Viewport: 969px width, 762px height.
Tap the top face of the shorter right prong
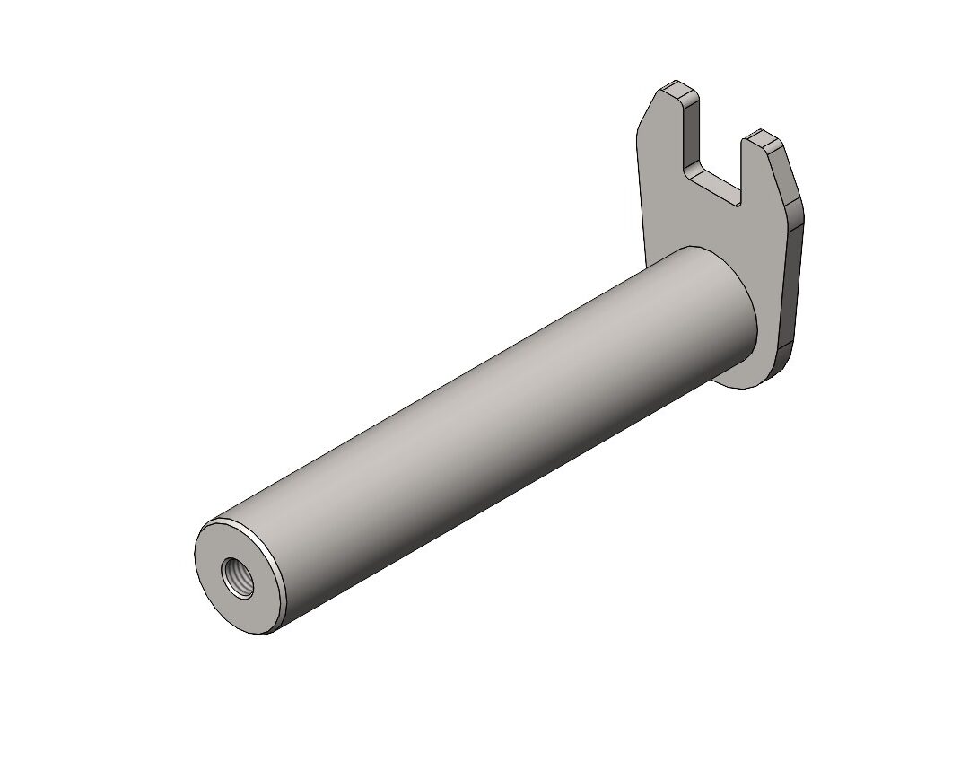(x=764, y=139)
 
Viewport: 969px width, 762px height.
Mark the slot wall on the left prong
(x=689, y=135)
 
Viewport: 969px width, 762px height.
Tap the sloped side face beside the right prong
(x=790, y=175)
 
